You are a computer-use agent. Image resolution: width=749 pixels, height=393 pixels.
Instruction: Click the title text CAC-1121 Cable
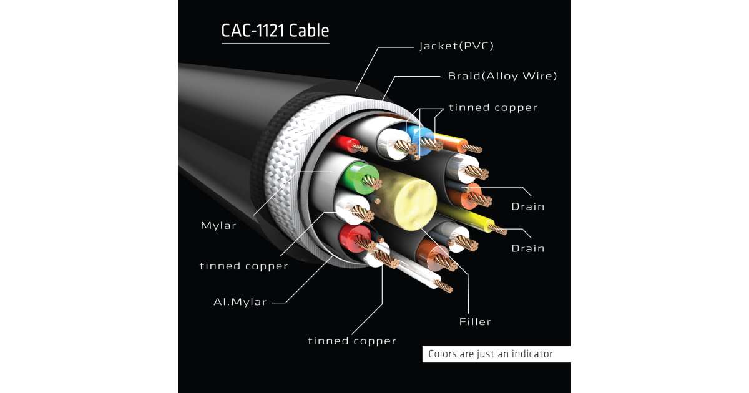275,31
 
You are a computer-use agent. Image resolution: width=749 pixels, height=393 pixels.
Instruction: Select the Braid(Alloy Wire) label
502,76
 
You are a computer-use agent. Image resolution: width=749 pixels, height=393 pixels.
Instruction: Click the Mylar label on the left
218,225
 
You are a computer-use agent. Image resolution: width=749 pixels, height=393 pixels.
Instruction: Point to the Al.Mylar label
240,302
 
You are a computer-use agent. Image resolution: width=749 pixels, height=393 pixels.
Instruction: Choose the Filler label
475,322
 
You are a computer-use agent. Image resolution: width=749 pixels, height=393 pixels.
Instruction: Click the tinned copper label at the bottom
352,341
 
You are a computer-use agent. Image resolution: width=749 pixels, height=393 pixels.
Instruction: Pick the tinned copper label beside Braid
492,107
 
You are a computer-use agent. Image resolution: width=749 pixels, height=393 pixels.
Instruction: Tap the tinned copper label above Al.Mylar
243,266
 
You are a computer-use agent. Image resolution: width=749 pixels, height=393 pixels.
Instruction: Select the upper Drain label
527,206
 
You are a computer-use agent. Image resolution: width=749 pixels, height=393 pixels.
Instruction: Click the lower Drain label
527,248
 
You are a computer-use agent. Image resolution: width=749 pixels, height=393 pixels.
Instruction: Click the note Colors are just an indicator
490,354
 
